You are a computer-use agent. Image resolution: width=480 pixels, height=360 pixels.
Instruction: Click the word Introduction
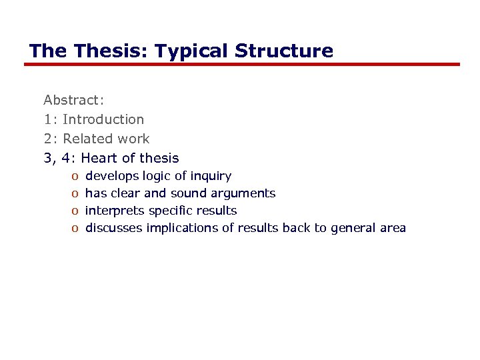click(103, 119)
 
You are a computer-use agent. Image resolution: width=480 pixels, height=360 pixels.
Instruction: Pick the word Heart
click(100, 158)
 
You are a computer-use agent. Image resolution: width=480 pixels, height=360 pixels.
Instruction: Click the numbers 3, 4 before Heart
click(57, 158)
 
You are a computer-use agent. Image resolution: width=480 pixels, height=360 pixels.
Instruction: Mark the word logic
click(157, 176)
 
